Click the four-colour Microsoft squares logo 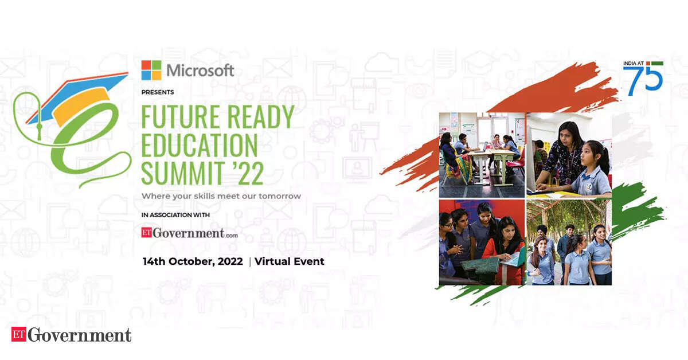[x=151, y=70]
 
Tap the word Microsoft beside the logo [x=200, y=71]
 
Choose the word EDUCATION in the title [x=199, y=146]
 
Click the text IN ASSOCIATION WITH [x=176, y=215]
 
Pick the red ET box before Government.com [x=150, y=233]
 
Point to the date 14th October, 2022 [x=192, y=261]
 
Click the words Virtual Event [x=290, y=261]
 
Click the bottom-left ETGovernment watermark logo [x=72, y=335]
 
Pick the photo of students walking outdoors [x=569, y=242]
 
